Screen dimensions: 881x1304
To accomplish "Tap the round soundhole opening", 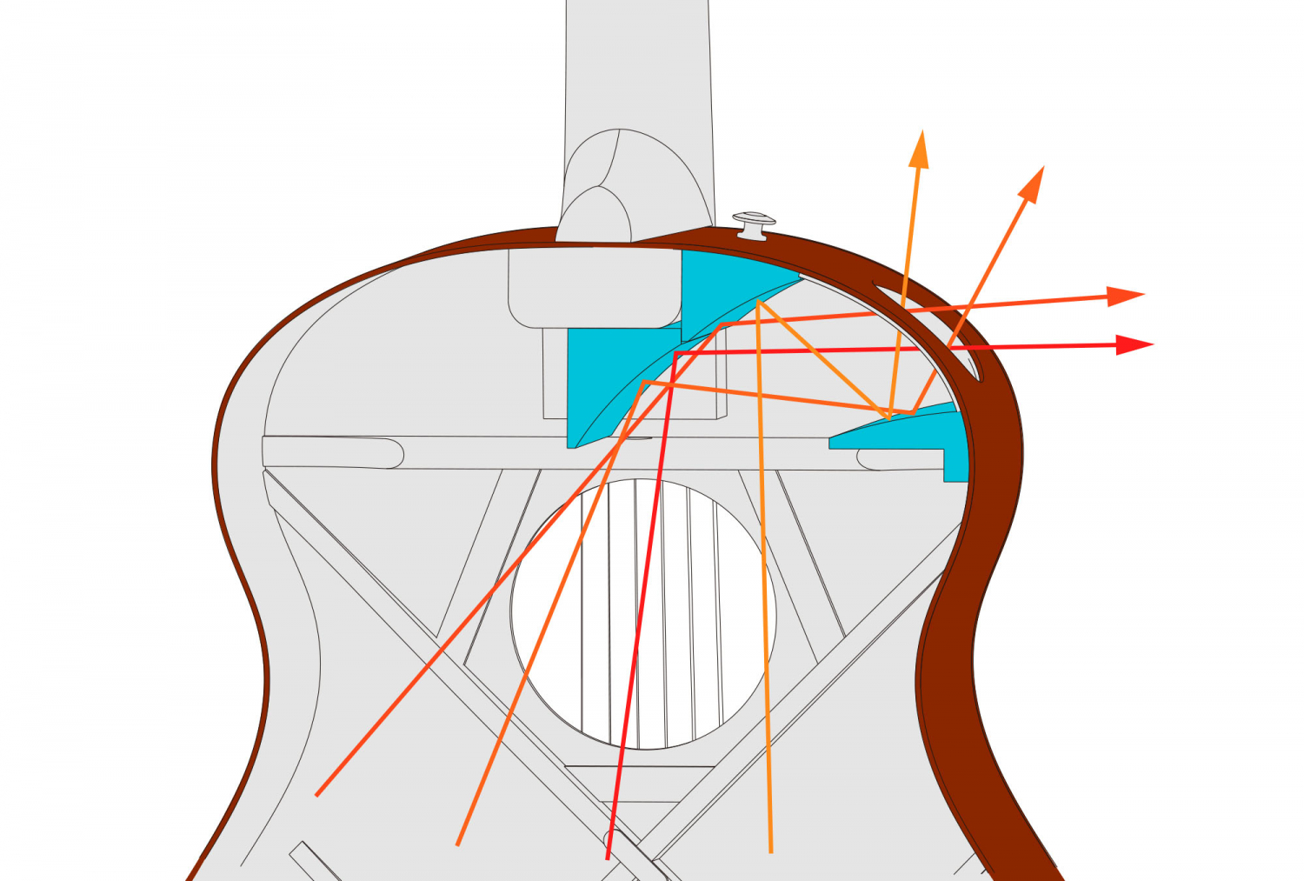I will [643, 613].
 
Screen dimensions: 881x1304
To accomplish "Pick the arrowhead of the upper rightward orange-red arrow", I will [1128, 295].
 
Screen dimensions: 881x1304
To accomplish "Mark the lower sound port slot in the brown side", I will [963, 361].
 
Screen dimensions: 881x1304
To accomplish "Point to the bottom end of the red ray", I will [608, 858].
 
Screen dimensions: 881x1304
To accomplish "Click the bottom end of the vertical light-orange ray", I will [770, 851].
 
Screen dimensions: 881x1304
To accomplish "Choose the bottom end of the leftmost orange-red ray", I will [316, 794].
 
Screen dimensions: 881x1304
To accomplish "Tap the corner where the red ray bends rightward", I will [676, 353].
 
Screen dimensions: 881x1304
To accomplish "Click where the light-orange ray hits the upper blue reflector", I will [759, 302].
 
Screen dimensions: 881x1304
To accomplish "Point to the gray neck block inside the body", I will [591, 287].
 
